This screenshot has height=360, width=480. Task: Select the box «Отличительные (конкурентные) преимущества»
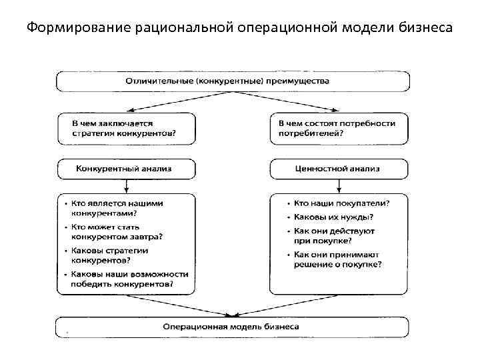point(233,81)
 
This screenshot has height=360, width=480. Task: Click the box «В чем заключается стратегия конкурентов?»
point(126,128)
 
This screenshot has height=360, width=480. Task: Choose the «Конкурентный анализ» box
point(126,169)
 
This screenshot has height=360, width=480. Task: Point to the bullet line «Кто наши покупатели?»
point(341,203)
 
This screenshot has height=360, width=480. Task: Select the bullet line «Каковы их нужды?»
point(333,217)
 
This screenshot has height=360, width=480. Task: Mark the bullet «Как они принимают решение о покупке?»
point(337,259)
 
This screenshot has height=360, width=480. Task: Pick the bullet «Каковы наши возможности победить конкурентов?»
point(126,279)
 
